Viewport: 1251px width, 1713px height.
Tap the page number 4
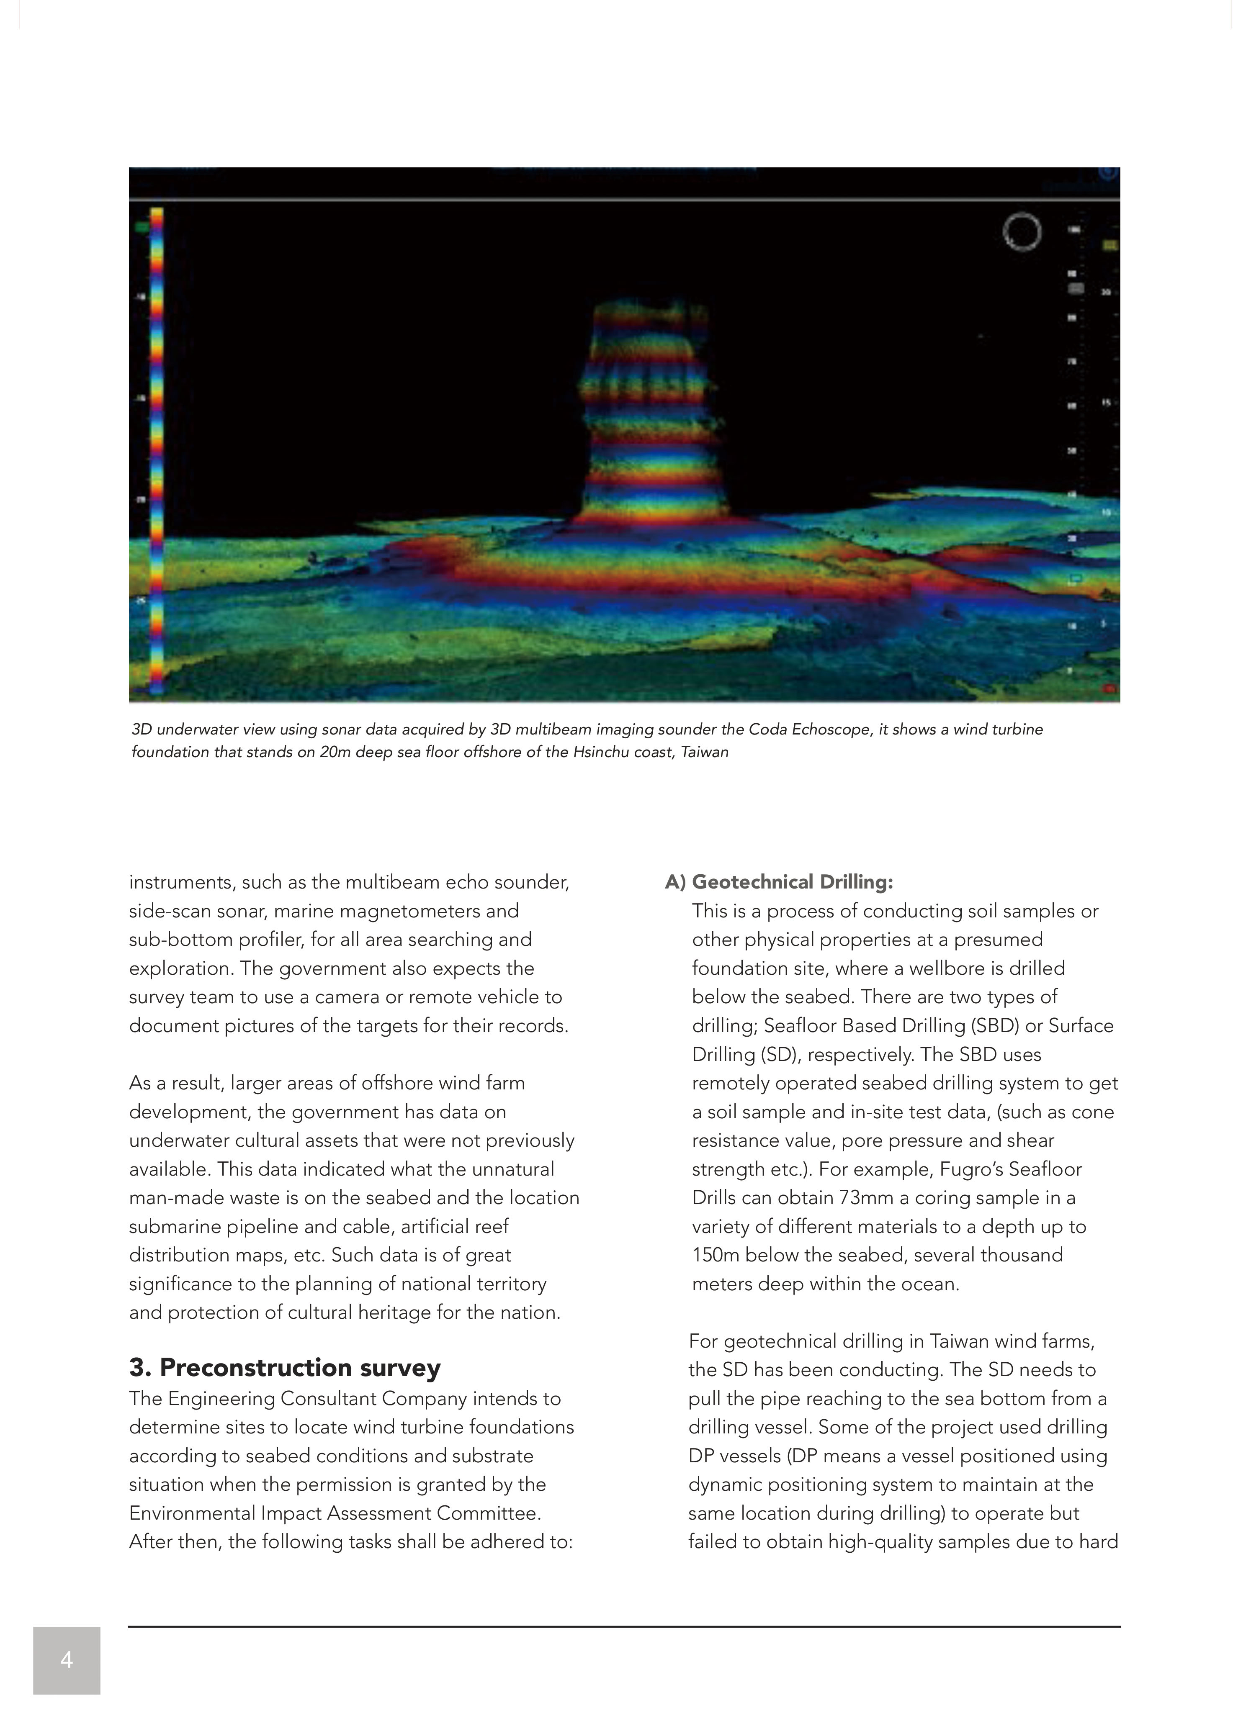coord(67,1660)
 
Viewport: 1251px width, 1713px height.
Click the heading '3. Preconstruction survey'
coord(285,1368)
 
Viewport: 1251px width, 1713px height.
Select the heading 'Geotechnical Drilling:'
coord(792,882)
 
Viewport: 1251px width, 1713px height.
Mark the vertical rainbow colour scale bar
coord(157,450)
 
